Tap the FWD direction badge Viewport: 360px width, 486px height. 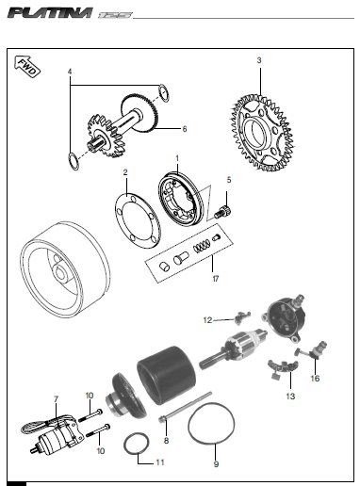coord(26,66)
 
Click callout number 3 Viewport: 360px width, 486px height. coord(259,60)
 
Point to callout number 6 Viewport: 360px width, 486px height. coord(185,129)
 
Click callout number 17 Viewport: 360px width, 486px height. coord(215,279)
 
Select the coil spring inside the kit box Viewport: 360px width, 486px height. coord(200,248)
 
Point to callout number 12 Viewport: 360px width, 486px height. coord(208,320)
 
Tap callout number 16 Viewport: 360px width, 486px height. coord(316,378)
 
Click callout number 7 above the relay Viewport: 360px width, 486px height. coord(57,399)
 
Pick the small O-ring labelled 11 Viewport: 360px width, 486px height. coord(136,442)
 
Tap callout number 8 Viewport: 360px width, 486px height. coord(166,440)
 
